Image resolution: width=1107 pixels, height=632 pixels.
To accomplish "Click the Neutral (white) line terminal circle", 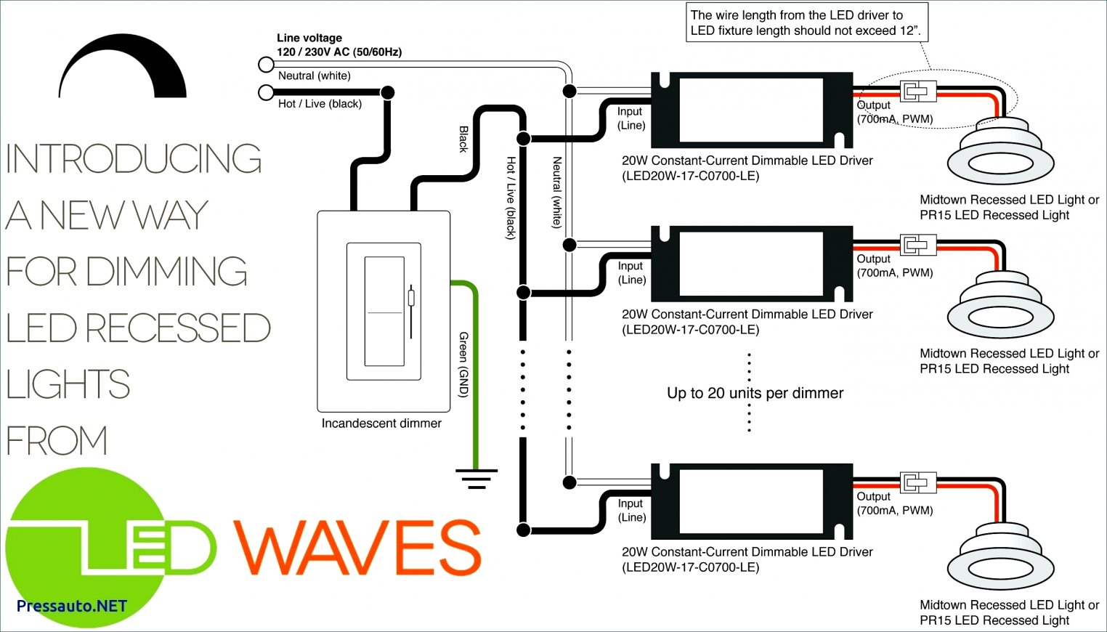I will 266,65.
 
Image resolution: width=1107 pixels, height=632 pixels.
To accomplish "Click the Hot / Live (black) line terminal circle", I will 266,92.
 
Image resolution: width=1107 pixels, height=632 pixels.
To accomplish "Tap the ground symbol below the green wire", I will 477,478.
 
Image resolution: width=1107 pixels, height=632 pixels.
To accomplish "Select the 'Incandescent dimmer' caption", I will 381,424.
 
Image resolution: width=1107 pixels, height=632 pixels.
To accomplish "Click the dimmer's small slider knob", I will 411,298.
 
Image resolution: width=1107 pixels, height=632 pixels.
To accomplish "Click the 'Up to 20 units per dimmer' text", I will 755,393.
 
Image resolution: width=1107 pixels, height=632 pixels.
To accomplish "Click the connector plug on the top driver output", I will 917,92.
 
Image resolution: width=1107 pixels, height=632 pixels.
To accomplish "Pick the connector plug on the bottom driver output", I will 917,483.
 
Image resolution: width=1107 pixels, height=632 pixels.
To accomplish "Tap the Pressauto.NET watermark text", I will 71,606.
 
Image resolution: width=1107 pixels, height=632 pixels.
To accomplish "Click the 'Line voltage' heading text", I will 309,38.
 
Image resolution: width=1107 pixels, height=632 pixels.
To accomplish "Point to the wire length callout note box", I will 806,23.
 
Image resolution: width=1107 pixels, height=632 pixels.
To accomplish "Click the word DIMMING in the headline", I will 166,272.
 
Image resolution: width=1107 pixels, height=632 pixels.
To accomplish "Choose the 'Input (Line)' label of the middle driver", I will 630,272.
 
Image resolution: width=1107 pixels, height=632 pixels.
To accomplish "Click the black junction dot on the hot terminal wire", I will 388,92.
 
